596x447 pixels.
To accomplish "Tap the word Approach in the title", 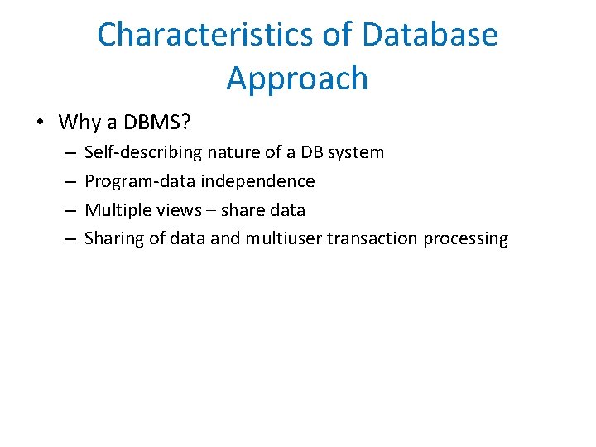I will tap(297, 78).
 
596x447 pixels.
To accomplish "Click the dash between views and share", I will tap(210, 210).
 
